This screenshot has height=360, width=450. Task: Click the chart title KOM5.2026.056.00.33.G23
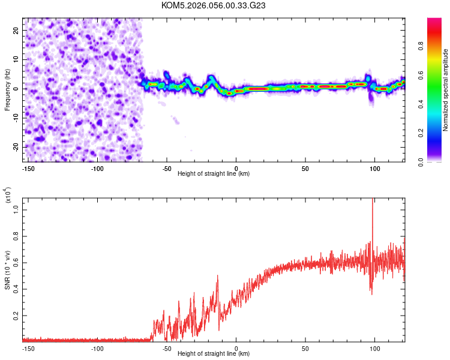(214, 5)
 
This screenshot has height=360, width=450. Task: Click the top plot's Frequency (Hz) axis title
(7, 89)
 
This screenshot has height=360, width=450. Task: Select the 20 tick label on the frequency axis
(17, 30)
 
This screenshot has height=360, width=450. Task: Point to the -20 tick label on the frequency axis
(16, 147)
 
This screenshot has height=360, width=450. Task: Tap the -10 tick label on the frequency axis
(16, 118)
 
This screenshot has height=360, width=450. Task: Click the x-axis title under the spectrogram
(214, 174)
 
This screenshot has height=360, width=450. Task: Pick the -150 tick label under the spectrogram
(28, 168)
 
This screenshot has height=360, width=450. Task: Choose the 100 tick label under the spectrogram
(375, 168)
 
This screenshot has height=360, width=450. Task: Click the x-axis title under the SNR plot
(214, 354)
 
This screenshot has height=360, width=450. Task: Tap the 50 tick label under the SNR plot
(306, 348)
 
